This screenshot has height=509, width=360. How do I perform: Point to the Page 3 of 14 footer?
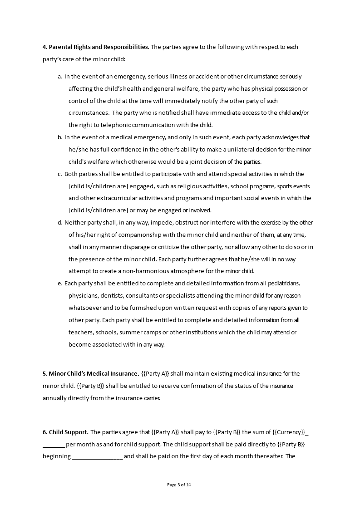pyautogui.click(x=179, y=485)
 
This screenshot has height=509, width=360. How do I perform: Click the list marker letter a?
pyautogui.click(x=60, y=77)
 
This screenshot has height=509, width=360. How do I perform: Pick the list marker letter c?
pyautogui.click(x=60, y=174)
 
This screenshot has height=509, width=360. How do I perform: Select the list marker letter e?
pyautogui.click(x=60, y=284)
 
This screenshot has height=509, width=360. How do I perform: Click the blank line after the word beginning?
pyautogui.click(x=97, y=456)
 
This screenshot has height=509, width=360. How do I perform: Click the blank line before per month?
pyautogui.click(x=54, y=444)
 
